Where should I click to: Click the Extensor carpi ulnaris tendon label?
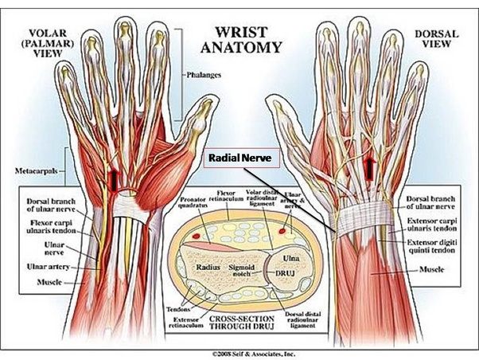pyautogui.click(x=435, y=226)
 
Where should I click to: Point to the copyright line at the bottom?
pyautogui.click(x=238, y=352)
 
